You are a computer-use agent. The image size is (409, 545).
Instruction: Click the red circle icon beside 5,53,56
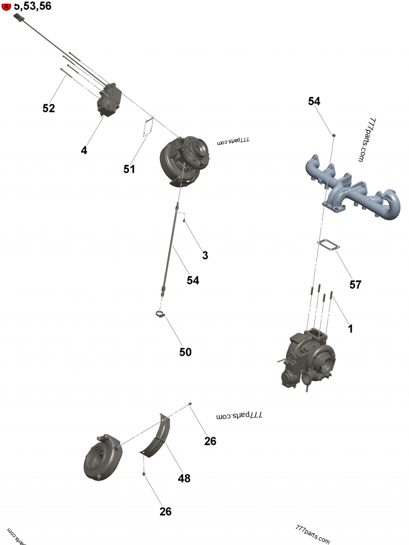click(7, 7)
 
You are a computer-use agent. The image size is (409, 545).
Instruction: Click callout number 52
click(49, 108)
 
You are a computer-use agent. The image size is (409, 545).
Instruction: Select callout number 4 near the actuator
click(84, 150)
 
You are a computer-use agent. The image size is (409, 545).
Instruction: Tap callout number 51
click(129, 169)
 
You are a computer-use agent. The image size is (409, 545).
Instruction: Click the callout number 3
click(205, 256)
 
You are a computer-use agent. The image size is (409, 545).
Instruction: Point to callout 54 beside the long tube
click(193, 280)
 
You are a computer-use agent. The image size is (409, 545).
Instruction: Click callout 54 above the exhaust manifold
click(314, 101)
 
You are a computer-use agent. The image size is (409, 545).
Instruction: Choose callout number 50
click(185, 352)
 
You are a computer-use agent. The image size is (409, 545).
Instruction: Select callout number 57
click(355, 285)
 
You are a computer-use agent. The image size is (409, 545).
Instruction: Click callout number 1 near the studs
click(350, 329)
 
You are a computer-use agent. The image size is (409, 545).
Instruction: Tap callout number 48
click(184, 478)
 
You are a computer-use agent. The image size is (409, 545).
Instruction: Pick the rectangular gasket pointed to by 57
click(331, 245)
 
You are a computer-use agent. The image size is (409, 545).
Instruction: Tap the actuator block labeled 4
click(108, 100)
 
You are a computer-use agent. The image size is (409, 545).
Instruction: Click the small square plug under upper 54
click(333, 135)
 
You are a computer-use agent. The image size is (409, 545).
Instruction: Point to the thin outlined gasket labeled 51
click(148, 127)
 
